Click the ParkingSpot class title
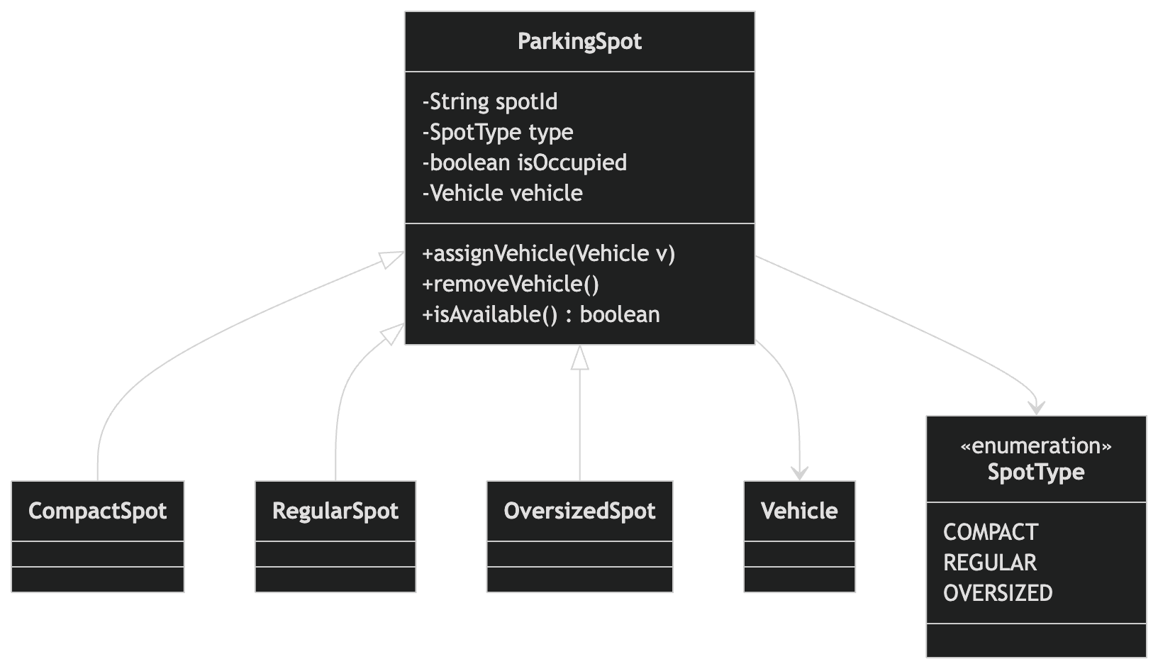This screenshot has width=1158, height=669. point(579,41)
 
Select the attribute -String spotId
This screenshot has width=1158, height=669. point(490,101)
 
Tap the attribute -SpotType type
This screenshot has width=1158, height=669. point(498,132)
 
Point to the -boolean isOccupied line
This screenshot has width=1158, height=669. point(525,162)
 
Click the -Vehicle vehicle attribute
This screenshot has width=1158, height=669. point(503,193)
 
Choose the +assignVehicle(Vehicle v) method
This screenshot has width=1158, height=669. point(548,253)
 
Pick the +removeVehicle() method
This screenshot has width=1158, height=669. point(511,284)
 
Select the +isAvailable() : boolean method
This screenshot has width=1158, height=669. point(541,314)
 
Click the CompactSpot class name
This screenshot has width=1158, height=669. point(98,511)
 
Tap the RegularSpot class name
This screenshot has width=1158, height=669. point(335,511)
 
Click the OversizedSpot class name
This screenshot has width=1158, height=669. point(579,511)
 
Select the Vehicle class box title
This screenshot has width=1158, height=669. point(799,511)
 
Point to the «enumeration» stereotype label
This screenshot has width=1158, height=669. point(1036,446)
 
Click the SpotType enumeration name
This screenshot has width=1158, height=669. point(1036,472)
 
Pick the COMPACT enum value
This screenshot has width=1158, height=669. point(990,532)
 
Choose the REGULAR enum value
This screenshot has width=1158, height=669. point(989,563)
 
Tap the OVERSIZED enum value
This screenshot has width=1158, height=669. point(998,593)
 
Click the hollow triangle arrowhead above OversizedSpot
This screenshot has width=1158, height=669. point(580,358)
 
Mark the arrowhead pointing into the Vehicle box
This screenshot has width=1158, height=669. point(800,474)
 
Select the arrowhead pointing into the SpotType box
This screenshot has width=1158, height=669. point(1037,409)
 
